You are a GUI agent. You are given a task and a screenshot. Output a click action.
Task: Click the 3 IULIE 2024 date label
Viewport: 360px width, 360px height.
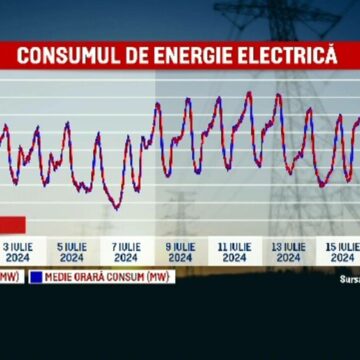[17, 251]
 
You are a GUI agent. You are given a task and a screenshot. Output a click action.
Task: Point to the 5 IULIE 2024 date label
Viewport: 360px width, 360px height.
[71, 251]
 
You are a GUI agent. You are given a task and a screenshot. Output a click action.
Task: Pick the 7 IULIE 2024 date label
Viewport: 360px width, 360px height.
[126, 251]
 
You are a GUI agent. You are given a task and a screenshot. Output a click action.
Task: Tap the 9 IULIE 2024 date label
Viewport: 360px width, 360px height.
[180, 251]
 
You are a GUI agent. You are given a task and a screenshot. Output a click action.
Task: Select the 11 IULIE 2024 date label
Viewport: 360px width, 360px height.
[234, 251]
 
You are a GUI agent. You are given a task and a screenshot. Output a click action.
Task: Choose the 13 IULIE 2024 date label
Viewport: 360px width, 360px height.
[288, 251]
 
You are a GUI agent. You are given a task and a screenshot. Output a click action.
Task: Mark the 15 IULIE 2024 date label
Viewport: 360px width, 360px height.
[341, 251]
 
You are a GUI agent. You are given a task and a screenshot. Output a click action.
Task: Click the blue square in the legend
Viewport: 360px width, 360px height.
[35, 276]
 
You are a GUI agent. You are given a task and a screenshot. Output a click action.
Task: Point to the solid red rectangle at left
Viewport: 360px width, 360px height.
[12, 224]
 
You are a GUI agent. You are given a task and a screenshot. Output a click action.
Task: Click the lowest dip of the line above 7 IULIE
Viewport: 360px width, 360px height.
[116, 208]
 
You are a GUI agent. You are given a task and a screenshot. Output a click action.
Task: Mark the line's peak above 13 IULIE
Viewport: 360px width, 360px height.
[277, 95]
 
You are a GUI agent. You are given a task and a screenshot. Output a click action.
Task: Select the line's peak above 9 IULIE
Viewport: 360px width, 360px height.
[157, 104]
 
